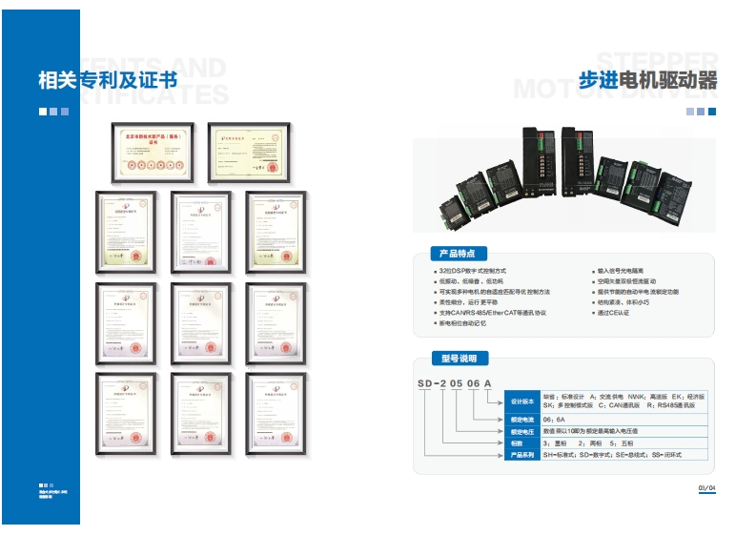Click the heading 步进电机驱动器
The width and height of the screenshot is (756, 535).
coord(648,80)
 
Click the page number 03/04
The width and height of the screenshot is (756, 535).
coord(706,489)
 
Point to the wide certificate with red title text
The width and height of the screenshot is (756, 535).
coord(152,152)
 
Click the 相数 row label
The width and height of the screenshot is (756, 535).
coord(516,443)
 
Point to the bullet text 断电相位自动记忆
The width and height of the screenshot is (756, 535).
coord(462,323)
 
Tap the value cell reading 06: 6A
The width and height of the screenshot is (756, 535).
coord(555,419)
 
